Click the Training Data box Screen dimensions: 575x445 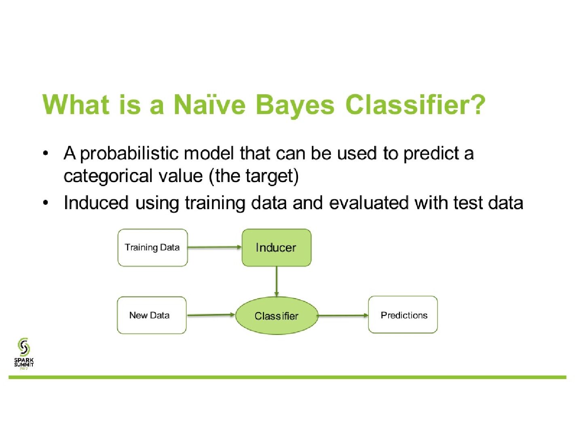coord(152,248)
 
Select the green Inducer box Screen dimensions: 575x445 coord(277,248)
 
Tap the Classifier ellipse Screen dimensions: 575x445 coord(277,316)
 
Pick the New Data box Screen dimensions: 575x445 coord(152,315)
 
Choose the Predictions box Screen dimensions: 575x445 coord(403,314)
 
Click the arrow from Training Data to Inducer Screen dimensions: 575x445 coord(215,247)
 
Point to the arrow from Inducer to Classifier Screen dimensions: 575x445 coord(277,282)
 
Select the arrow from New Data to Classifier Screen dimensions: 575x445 coord(211,315)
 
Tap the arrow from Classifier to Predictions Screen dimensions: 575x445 coord(343,315)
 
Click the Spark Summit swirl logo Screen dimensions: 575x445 coord(24,346)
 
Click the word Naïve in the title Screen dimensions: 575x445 coord(209,105)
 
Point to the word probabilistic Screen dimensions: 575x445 coord(129,154)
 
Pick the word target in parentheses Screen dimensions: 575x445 coord(268,176)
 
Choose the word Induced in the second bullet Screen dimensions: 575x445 coord(96,203)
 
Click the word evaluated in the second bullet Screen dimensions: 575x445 coord(369,203)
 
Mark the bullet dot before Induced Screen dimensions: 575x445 coord(46,203)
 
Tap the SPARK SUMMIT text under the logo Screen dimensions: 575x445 coord(24,362)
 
